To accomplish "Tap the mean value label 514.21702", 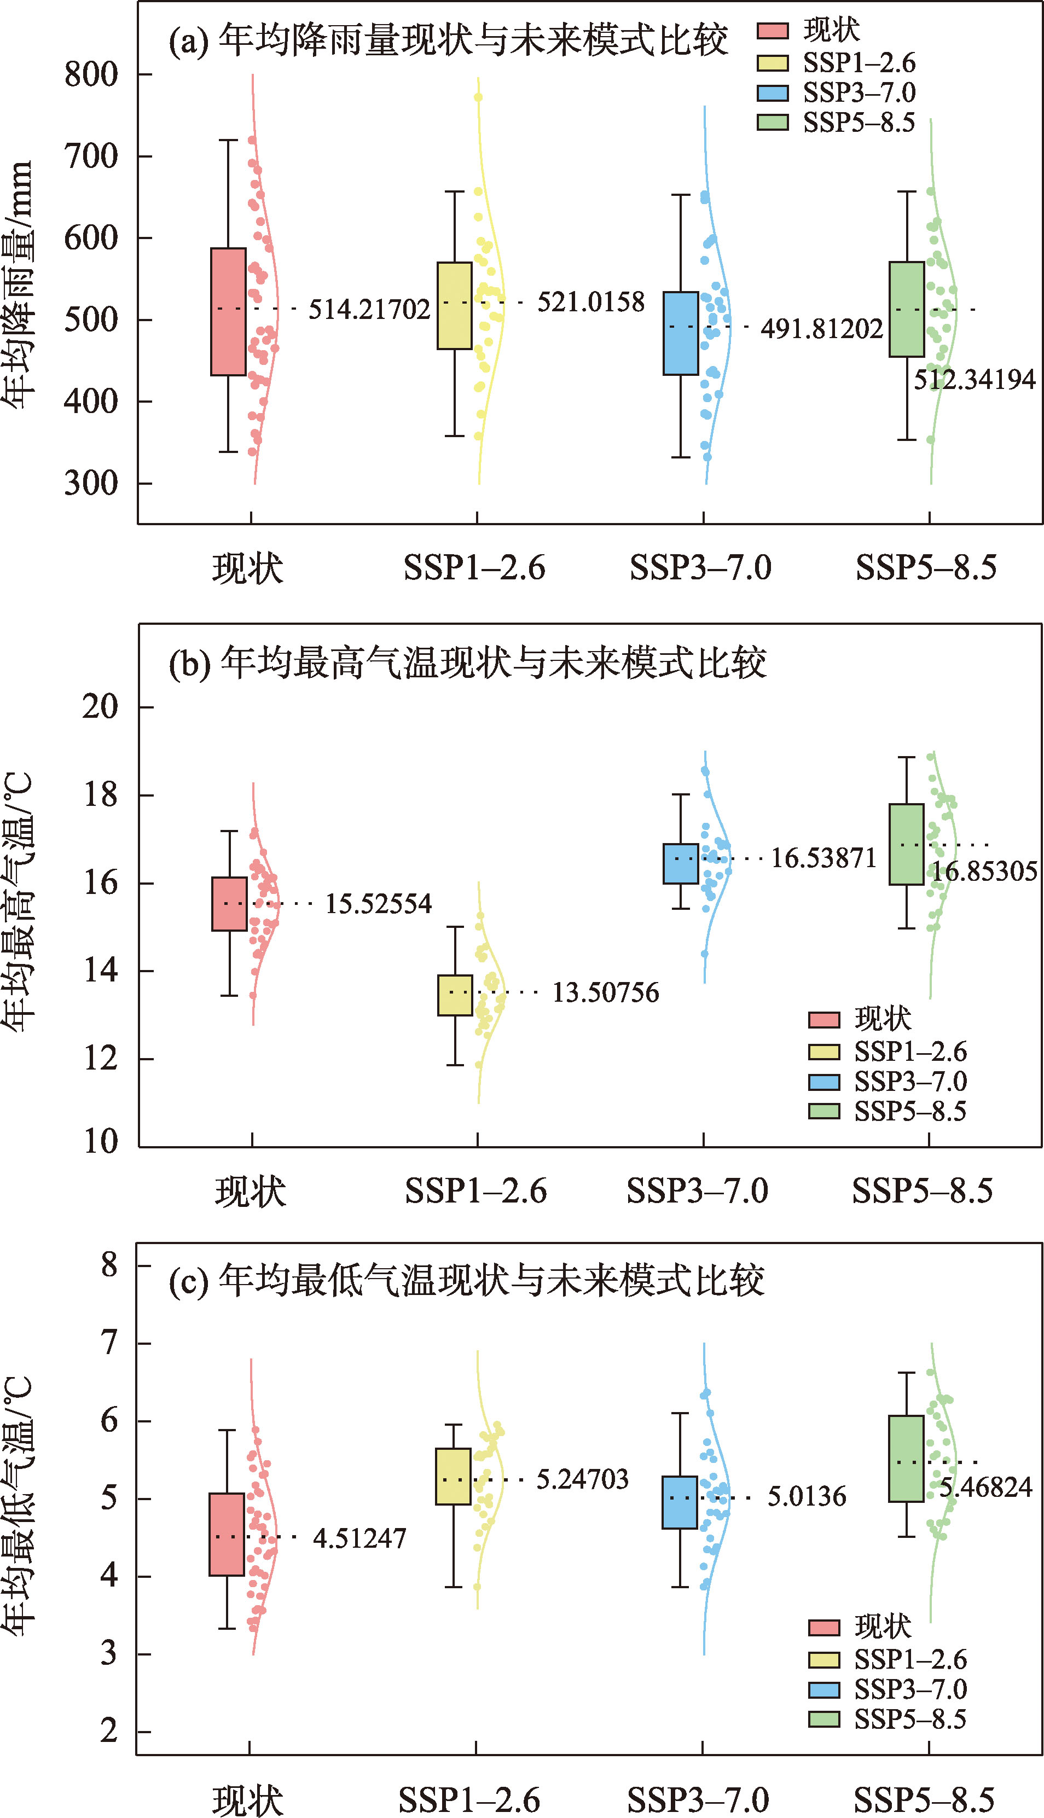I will click(369, 310).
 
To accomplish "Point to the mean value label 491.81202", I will click(822, 329).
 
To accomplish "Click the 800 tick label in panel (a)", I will click(91, 74).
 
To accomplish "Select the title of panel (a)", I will click(448, 40).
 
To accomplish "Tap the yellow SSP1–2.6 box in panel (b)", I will click(455, 995).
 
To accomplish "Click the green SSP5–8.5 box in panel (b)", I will click(906, 845).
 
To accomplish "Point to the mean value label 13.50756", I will click(605, 993).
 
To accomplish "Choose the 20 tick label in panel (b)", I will click(100, 707).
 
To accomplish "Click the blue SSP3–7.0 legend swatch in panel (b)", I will click(824, 1082).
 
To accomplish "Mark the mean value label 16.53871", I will click(823, 858).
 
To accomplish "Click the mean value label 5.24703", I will click(582, 1479).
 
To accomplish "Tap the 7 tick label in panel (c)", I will click(109, 1342).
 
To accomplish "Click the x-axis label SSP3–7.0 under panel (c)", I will click(698, 1799).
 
